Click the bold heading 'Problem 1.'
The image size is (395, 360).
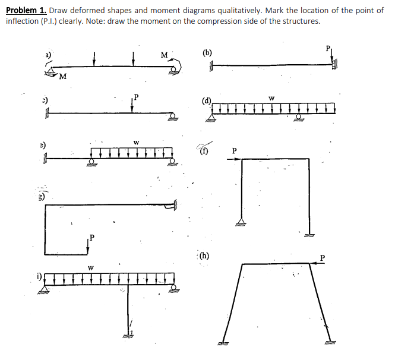pos(26,11)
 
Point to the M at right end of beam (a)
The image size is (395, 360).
pos(163,56)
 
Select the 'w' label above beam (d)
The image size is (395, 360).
pos(271,98)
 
